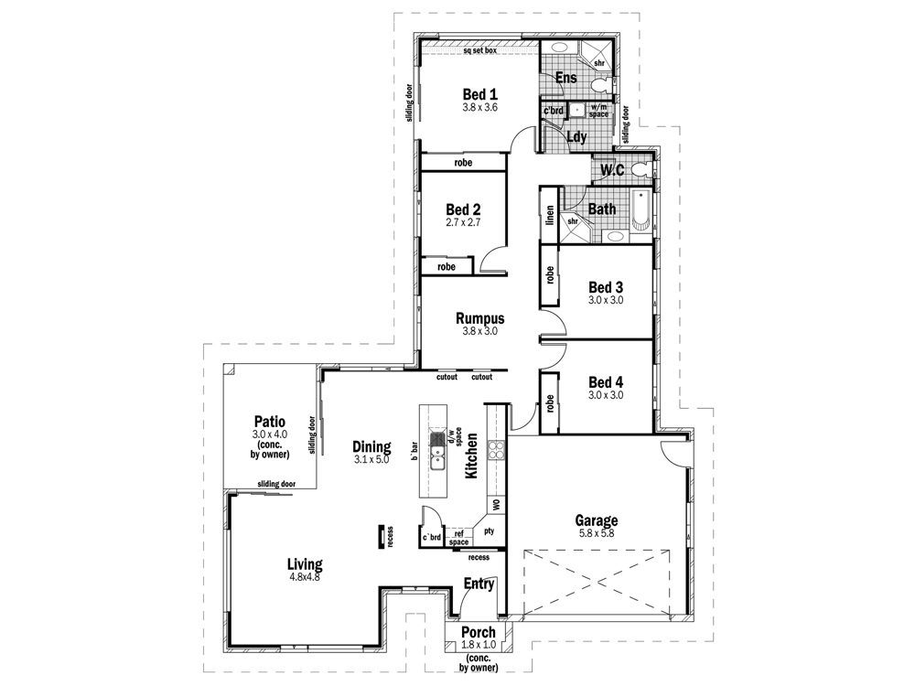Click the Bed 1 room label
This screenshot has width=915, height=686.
pos(479,93)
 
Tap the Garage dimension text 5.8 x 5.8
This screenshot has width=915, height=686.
pos(596,533)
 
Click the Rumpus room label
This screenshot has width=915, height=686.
pos(479,318)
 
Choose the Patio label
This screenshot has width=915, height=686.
pos(269,422)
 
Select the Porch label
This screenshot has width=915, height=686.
pos(478,632)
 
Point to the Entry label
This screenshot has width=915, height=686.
pos(479,584)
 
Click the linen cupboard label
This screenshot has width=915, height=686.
pos(550,214)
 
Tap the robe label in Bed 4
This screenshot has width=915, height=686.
pos(550,402)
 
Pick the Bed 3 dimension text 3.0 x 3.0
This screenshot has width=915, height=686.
pos(605,300)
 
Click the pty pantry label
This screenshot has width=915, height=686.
pos(489,531)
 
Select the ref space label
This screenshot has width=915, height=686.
pos(458,537)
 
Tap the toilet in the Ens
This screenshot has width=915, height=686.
pos(599,86)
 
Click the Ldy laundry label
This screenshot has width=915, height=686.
pos(576,137)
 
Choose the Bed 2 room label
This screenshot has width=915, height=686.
pos(463,209)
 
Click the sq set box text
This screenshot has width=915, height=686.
pos(479,50)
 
